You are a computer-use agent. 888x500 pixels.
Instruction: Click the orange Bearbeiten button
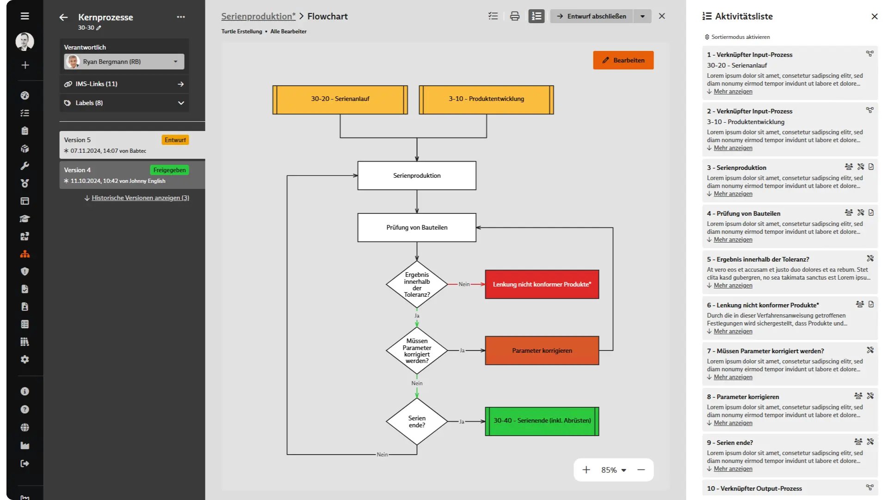click(623, 60)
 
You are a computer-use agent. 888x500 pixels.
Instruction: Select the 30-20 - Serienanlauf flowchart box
click(340, 100)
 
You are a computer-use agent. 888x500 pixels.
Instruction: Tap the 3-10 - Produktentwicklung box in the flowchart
click(486, 100)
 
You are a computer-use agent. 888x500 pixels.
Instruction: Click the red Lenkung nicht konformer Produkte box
click(542, 284)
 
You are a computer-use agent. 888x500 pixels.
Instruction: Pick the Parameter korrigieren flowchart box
click(542, 350)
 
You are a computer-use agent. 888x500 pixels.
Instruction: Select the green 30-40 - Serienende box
click(542, 421)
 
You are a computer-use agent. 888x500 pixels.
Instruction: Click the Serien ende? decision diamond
click(417, 421)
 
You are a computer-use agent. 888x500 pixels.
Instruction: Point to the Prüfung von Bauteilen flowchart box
click(417, 227)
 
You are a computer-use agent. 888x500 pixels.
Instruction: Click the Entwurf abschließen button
click(592, 16)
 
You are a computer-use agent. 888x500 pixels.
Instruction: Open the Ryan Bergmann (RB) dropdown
click(124, 62)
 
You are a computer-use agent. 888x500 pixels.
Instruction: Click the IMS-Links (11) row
click(124, 84)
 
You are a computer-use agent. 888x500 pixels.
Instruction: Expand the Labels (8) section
click(124, 103)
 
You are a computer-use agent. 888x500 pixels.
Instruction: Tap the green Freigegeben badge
click(169, 170)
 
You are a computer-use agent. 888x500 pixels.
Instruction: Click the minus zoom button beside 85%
click(641, 470)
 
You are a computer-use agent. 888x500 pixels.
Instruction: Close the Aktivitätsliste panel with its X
click(874, 16)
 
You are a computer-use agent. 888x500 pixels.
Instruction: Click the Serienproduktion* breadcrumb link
click(258, 16)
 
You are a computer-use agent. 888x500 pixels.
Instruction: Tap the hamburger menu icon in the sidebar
click(25, 16)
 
